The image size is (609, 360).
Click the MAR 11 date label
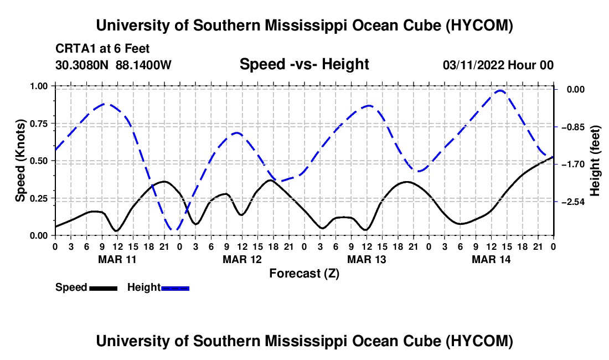[117, 259]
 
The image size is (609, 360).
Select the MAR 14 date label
[491, 259]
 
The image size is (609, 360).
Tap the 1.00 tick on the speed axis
[38, 86]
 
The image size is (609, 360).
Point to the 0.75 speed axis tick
[38, 124]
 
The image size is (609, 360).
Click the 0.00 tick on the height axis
[576, 90]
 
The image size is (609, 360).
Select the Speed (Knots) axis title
[20, 161]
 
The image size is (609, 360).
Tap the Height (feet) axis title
[595, 161]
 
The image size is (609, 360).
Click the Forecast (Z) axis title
[304, 274]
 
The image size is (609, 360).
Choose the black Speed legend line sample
[104, 288]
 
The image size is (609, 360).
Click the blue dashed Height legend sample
[175, 288]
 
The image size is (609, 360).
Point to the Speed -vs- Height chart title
[304, 64]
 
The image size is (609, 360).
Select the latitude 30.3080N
[81, 65]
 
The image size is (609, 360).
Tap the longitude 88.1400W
[143, 65]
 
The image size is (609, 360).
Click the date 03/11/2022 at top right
[473, 65]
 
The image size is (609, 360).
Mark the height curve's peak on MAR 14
[500, 91]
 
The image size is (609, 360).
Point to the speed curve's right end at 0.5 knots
[553, 157]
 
